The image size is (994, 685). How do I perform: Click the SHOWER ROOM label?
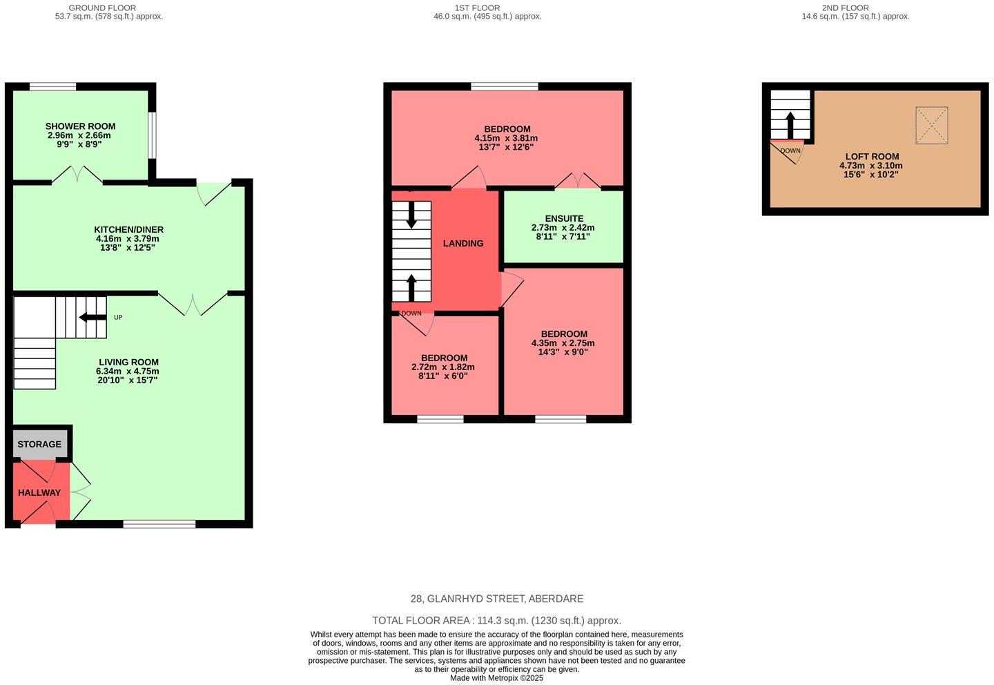[80, 126]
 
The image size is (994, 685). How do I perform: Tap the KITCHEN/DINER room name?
[128, 230]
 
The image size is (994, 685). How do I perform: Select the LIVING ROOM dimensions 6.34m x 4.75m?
[128, 371]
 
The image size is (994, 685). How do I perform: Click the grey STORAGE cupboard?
[39, 444]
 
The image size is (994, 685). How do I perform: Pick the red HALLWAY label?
[39, 492]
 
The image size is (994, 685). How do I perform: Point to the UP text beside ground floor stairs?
[118, 318]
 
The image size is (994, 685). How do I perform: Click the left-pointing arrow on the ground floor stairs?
[92, 318]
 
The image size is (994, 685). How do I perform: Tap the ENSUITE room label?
[564, 218]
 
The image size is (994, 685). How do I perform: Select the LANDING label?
[463, 243]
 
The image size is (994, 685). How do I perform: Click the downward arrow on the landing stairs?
[412, 215]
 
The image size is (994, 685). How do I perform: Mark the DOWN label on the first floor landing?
[411, 313]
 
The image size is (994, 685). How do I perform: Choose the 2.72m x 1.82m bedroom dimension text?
[443, 367]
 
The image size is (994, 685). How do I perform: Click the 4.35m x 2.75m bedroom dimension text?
[563, 343]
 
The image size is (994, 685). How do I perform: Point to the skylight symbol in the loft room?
[931, 126]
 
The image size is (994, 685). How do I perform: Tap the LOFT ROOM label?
[871, 157]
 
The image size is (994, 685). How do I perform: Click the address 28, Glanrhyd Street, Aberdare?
[496, 599]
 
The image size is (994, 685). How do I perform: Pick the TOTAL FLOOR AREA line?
[496, 621]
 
